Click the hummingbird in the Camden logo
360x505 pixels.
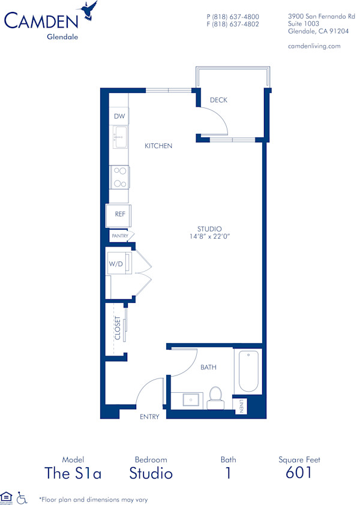tap(91, 10)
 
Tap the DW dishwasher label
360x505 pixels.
tap(119, 116)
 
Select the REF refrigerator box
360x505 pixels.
tap(119, 214)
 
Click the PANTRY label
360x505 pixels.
tap(119, 236)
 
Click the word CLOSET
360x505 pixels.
tap(118, 328)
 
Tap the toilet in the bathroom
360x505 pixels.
tap(214, 398)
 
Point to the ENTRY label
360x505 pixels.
tap(149, 417)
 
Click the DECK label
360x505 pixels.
tap(218, 100)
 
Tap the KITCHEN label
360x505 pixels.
tap(158, 146)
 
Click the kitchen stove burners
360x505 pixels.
tap(119, 177)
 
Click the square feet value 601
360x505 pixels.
tap(299, 473)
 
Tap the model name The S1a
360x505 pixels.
tap(73, 473)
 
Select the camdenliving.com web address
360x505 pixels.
tap(314, 46)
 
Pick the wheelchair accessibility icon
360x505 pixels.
tap(22, 497)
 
